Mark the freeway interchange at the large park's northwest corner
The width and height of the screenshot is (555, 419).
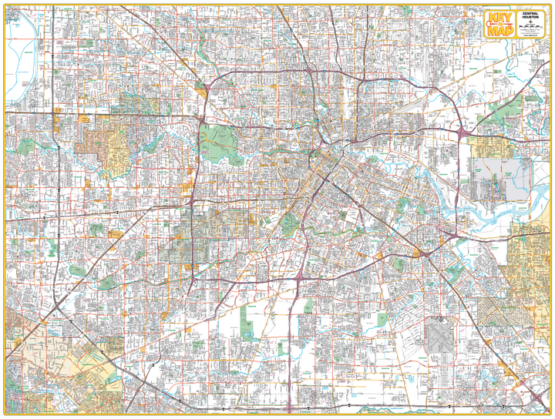pos(201,119)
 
